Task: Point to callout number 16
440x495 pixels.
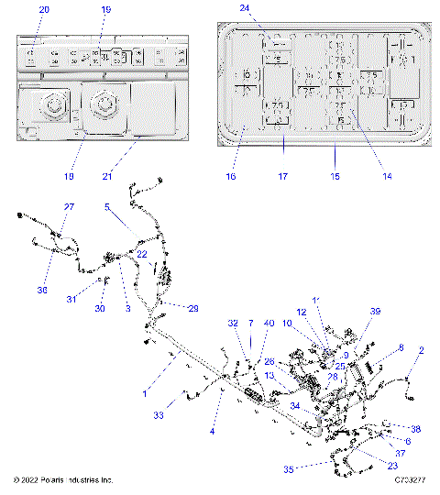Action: [231, 176]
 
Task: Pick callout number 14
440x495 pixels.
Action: [386, 175]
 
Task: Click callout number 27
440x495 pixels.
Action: [69, 207]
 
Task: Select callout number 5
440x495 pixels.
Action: [107, 207]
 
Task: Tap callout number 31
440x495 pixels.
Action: [71, 300]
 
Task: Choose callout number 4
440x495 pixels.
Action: [212, 430]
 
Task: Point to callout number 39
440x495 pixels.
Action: [374, 312]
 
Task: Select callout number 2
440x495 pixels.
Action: [421, 349]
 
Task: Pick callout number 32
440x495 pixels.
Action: [232, 324]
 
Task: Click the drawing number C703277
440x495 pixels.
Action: [413, 479]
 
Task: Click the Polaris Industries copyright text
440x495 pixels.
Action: [63, 479]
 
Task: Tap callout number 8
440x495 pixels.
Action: [401, 347]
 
